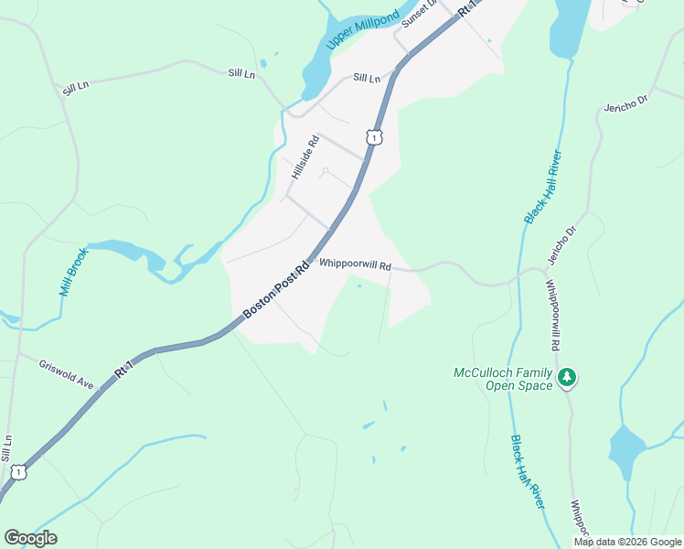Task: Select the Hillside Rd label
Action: point(305,156)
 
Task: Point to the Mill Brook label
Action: point(73,272)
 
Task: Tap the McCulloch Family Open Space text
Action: point(503,379)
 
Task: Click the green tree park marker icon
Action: point(567,377)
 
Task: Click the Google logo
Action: point(30,538)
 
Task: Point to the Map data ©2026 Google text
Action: point(626,542)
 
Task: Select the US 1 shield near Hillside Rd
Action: point(372,137)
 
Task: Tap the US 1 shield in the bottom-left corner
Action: point(17,472)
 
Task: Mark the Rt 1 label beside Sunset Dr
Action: point(468,8)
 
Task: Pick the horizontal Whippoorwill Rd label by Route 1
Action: point(355,265)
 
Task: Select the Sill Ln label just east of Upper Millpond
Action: point(366,79)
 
